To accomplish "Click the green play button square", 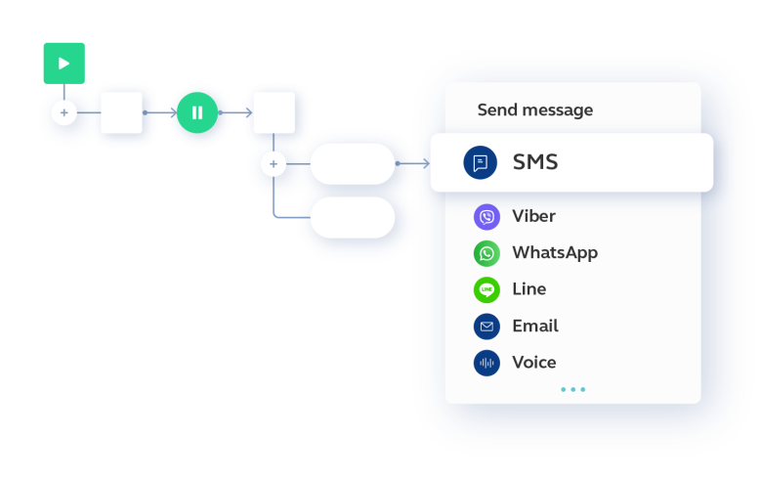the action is click(x=63, y=64).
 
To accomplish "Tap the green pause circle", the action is click(x=197, y=112).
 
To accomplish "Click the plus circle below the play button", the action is click(x=63, y=113).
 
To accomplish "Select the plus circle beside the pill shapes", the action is click(x=274, y=164).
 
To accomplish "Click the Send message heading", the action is click(x=535, y=110).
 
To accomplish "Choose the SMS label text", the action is click(x=535, y=162).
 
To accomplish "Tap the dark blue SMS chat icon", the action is click(x=481, y=162).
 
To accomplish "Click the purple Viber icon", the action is click(x=486, y=217).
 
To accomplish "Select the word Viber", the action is click(x=534, y=216).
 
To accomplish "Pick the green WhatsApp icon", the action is click(x=486, y=253).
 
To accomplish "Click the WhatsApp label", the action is click(x=555, y=253).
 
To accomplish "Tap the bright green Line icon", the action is click(x=486, y=290).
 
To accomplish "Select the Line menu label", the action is click(x=529, y=289).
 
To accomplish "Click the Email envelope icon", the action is click(x=486, y=327).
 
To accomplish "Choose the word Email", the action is click(x=535, y=326).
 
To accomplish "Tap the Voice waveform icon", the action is click(x=486, y=363).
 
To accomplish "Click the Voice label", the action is click(x=534, y=362).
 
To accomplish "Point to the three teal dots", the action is click(x=572, y=389).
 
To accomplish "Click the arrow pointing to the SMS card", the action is click(x=412, y=163).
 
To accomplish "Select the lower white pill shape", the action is click(x=353, y=218).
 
